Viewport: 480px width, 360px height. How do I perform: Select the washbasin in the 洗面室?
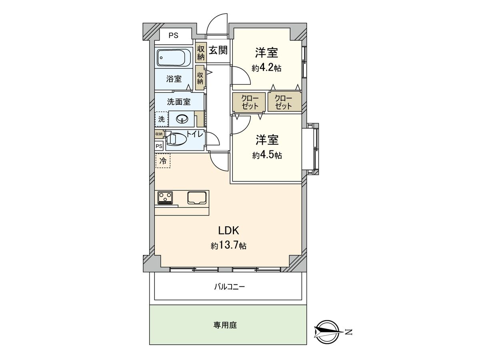181,119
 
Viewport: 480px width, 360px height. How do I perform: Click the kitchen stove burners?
165,197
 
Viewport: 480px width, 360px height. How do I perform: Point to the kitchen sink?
196,198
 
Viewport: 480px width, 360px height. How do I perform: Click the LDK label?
228,230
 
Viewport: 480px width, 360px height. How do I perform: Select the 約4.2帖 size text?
266,68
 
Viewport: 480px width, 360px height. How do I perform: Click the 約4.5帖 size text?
267,155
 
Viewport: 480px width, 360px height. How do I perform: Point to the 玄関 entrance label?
218,50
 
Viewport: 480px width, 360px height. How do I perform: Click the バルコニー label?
229,287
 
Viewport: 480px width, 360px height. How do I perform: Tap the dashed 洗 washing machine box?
161,119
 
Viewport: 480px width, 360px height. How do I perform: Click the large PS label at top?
173,35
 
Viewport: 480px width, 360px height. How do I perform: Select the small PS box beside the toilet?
159,146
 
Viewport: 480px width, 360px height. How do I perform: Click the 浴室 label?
174,79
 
